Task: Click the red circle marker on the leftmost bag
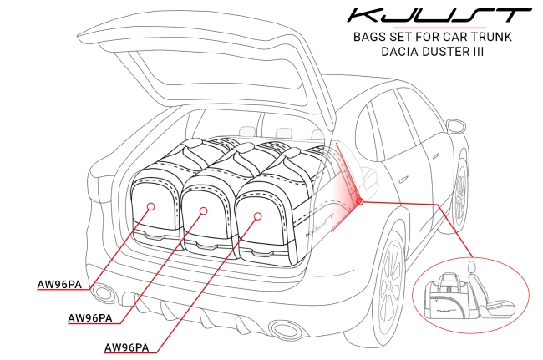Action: [x=150, y=205]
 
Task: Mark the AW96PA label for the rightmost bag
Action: [x=126, y=347]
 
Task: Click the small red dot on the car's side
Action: [x=359, y=201]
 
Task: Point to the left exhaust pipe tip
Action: [x=105, y=293]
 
